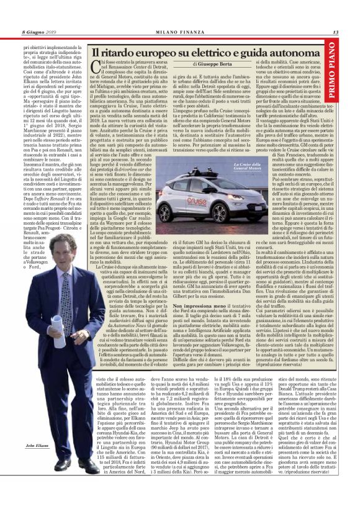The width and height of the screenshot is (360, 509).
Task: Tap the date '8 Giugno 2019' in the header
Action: point(39,32)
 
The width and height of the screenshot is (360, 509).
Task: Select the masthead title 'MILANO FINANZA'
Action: point(180,32)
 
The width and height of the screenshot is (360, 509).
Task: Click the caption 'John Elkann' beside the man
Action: point(38,480)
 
